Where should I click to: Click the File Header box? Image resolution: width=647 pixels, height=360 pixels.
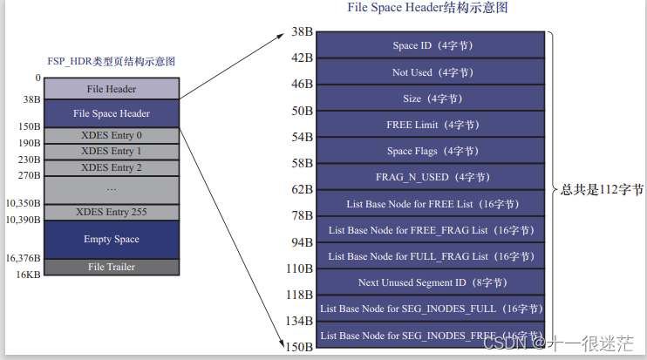(111, 89)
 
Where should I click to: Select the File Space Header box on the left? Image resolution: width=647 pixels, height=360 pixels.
(111, 113)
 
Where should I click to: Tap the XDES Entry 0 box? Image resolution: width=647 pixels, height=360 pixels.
(111, 135)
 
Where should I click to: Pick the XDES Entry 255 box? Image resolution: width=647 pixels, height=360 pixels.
(111, 212)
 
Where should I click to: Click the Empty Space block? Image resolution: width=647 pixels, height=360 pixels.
(111, 239)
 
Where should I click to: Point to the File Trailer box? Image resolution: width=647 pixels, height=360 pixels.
(111, 267)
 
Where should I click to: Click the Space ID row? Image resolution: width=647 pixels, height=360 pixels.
(432, 45)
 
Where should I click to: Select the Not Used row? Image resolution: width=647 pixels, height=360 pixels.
(432, 72)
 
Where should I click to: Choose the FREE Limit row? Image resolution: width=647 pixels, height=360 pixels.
(432, 125)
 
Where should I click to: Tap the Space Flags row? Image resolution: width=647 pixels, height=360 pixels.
(432, 151)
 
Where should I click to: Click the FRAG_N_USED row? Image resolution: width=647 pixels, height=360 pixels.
(432, 177)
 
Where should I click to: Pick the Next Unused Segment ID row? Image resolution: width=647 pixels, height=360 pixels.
(432, 282)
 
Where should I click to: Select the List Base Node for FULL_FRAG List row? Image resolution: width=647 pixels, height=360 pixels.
(432, 256)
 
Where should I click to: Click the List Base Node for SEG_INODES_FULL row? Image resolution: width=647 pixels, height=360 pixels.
(432, 309)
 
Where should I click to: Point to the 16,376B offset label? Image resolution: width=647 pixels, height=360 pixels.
(23, 258)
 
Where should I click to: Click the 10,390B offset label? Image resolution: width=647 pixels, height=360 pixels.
(23, 220)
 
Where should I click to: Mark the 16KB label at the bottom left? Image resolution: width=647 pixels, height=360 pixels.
(29, 275)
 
